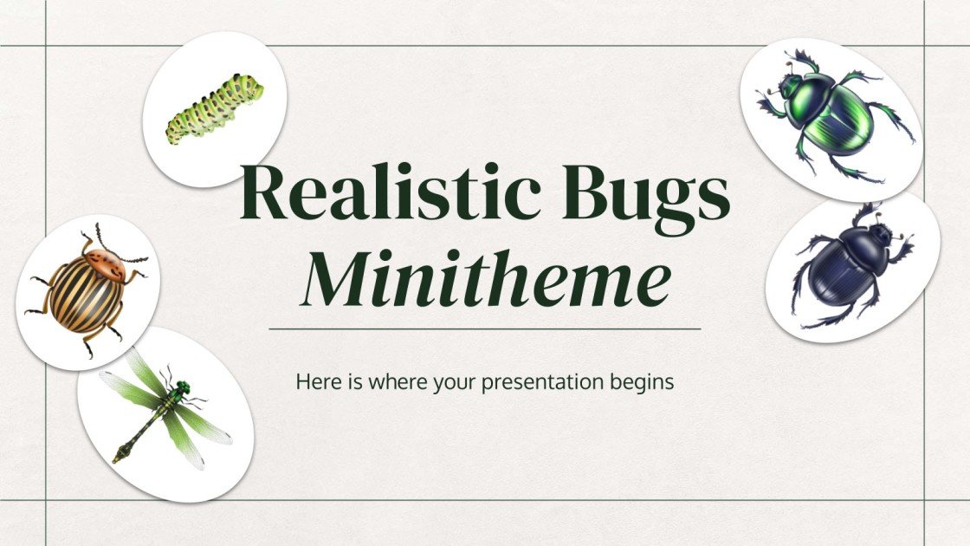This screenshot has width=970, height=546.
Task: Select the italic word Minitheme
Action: (485, 281)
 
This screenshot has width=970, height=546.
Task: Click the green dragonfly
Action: (165, 413)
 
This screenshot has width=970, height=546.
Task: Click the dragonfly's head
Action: (182, 385)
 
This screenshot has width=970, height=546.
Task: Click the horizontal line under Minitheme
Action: (485, 329)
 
